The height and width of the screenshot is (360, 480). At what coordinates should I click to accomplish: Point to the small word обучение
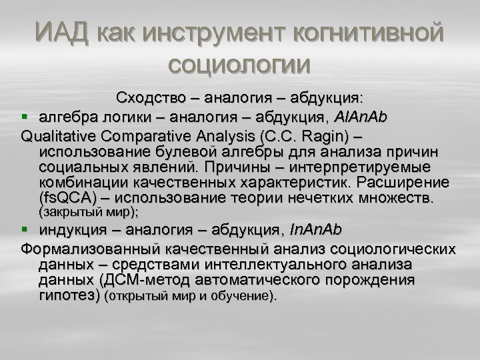click(x=244, y=296)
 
